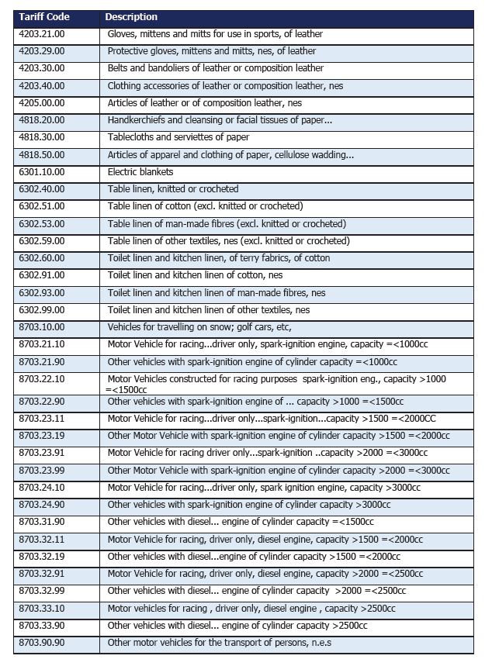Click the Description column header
pyautogui.click(x=131, y=17)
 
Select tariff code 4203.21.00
pyautogui.click(x=42, y=34)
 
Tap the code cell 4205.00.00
pyautogui.click(x=42, y=103)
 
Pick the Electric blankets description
pyautogui.click(x=140, y=172)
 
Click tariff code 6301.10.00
pyautogui.click(x=42, y=172)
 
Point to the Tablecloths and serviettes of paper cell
pyautogui.click(x=178, y=137)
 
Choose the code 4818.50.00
pyautogui.click(x=42, y=154)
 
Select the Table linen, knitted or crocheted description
pyautogui.click(x=173, y=189)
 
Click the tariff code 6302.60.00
pyautogui.click(x=42, y=258)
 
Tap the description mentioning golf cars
pyautogui.click(x=199, y=327)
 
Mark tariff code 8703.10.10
pyautogui.click(x=42, y=327)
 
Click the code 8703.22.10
pyautogui.click(x=42, y=379)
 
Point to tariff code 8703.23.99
pyautogui.click(x=42, y=471)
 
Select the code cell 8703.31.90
pyautogui.click(x=42, y=522)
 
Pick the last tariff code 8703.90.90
pyautogui.click(x=42, y=643)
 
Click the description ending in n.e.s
pyautogui.click(x=220, y=643)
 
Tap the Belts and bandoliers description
pyautogui.click(x=216, y=68)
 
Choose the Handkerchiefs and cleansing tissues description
pyautogui.click(x=220, y=120)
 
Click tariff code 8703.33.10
pyautogui.click(x=42, y=609)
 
